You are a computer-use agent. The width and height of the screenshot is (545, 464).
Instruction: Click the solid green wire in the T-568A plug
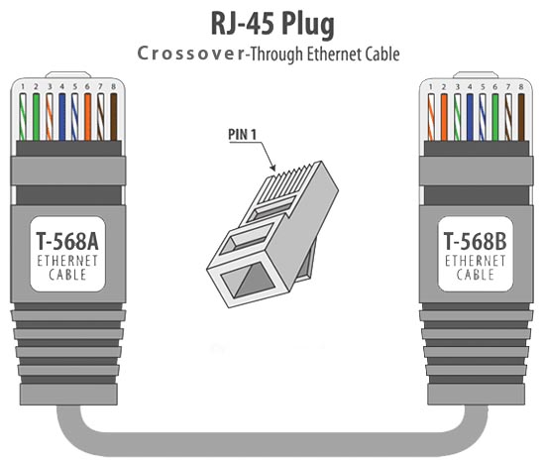pyautogui.click(x=36, y=117)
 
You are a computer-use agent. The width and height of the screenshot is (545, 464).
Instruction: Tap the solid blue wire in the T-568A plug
pyautogui.click(x=61, y=117)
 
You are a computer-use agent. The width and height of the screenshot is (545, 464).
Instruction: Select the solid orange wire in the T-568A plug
pyautogui.click(x=87, y=117)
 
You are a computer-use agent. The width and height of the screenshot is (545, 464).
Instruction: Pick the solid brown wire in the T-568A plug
pyautogui.click(x=113, y=117)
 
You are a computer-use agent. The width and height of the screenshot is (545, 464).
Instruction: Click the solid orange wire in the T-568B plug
pyautogui.click(x=444, y=117)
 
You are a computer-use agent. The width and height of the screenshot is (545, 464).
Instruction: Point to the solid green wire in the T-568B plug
pyautogui.click(x=495, y=117)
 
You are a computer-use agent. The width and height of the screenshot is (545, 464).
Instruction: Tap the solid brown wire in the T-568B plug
pyautogui.click(x=521, y=117)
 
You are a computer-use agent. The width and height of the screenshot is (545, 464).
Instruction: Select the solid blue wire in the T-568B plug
pyautogui.click(x=470, y=117)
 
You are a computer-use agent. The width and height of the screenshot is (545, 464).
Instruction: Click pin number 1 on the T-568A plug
pyautogui.click(x=23, y=86)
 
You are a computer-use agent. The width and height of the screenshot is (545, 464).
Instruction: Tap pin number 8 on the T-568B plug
pyautogui.click(x=521, y=86)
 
